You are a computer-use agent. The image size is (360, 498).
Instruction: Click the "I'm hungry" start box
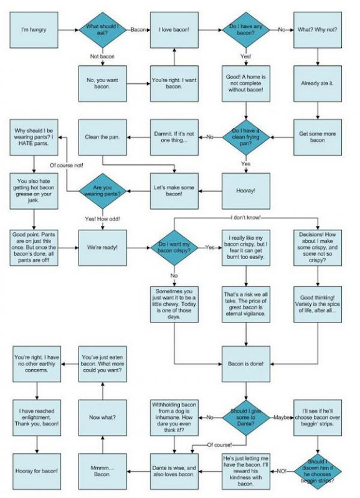coord(34,30)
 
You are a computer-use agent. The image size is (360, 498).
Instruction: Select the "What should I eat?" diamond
coord(102,30)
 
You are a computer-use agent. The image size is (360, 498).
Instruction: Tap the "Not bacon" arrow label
coord(102,57)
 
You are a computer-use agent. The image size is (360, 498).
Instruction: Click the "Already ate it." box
coord(318,83)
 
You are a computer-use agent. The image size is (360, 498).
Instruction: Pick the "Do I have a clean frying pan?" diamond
coord(245,137)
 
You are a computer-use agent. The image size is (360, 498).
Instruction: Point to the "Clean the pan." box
coord(102,137)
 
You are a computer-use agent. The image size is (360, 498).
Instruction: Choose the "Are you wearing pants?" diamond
coord(102,191)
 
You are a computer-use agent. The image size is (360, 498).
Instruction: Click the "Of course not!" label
coord(67,166)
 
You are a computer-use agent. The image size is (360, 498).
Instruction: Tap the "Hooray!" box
coord(245,191)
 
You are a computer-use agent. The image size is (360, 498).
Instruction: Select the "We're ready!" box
coord(102,247)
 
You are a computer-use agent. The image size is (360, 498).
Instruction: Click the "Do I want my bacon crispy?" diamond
coord(174,247)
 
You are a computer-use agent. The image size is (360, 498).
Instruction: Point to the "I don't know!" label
coord(245,217)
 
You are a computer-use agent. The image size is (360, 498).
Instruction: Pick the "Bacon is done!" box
coord(245,364)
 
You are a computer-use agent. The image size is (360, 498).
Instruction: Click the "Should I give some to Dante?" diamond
coord(245,417)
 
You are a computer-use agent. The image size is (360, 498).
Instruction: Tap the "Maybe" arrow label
coord(282,417)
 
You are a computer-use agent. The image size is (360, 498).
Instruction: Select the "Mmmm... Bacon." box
coord(102,471)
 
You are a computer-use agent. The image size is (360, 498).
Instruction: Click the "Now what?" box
coord(102,417)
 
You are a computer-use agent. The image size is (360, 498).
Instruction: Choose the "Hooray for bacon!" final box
coord(37,471)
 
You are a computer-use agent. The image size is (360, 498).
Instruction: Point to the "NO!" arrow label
coord(282,471)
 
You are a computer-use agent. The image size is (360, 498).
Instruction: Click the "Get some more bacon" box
coord(318,137)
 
